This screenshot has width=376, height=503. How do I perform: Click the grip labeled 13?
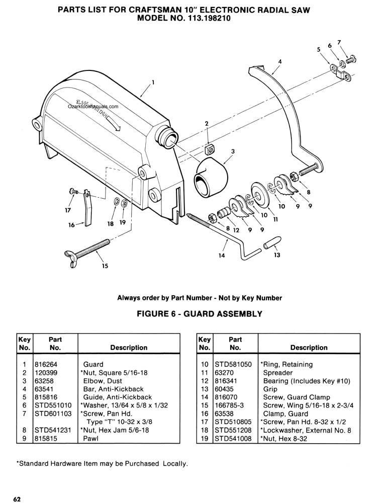tap(272, 242)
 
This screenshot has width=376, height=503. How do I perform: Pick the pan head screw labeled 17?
tap(74, 192)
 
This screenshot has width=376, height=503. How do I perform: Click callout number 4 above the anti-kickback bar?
tap(280, 61)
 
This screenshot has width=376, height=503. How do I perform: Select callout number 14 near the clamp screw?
tap(222, 256)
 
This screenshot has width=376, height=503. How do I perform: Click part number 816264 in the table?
tap(46, 364)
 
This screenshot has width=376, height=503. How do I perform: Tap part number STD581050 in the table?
tap(233, 364)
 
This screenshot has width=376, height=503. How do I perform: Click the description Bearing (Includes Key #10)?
tap(307, 381)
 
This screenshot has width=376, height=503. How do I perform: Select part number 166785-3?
tap(229, 405)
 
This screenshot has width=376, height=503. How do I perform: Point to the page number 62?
tap(17, 499)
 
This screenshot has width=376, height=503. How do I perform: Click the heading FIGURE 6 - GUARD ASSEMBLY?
tap(200, 313)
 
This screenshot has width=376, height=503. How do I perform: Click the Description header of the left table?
tap(129, 348)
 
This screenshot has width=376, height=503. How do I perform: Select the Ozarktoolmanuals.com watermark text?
tap(93, 107)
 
